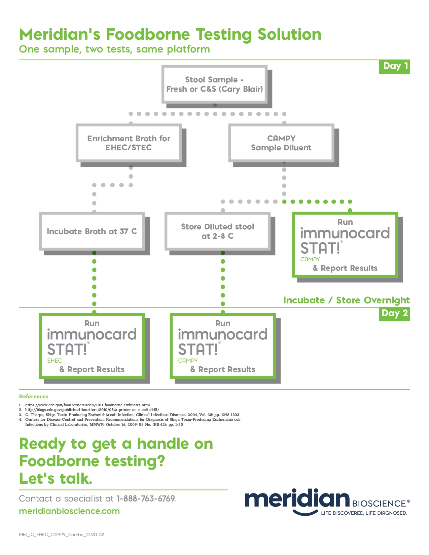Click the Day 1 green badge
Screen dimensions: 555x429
click(x=394, y=66)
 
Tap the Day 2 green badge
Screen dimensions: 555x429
click(x=394, y=313)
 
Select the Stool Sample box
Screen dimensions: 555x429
click(x=214, y=84)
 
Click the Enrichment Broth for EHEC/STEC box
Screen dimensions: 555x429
click(x=129, y=143)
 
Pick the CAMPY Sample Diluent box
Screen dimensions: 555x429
click(x=281, y=143)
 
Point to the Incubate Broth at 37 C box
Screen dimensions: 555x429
click(x=92, y=231)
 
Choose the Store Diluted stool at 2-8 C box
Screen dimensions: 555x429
click(x=217, y=231)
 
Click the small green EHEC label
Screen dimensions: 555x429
click(x=55, y=361)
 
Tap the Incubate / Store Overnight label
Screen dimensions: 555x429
click(x=346, y=300)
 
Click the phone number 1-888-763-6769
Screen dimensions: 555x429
click(x=146, y=498)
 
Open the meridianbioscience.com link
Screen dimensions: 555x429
click(x=69, y=511)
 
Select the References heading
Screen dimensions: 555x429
click(x=33, y=396)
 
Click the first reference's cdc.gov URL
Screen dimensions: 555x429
click(x=87, y=405)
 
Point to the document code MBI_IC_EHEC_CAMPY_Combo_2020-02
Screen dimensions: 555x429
click(x=61, y=534)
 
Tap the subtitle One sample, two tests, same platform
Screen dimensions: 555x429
click(x=114, y=49)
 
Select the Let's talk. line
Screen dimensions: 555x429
click(x=56, y=478)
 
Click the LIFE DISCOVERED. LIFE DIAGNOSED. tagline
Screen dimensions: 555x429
click(x=364, y=513)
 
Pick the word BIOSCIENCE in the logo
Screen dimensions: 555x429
click(x=379, y=504)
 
